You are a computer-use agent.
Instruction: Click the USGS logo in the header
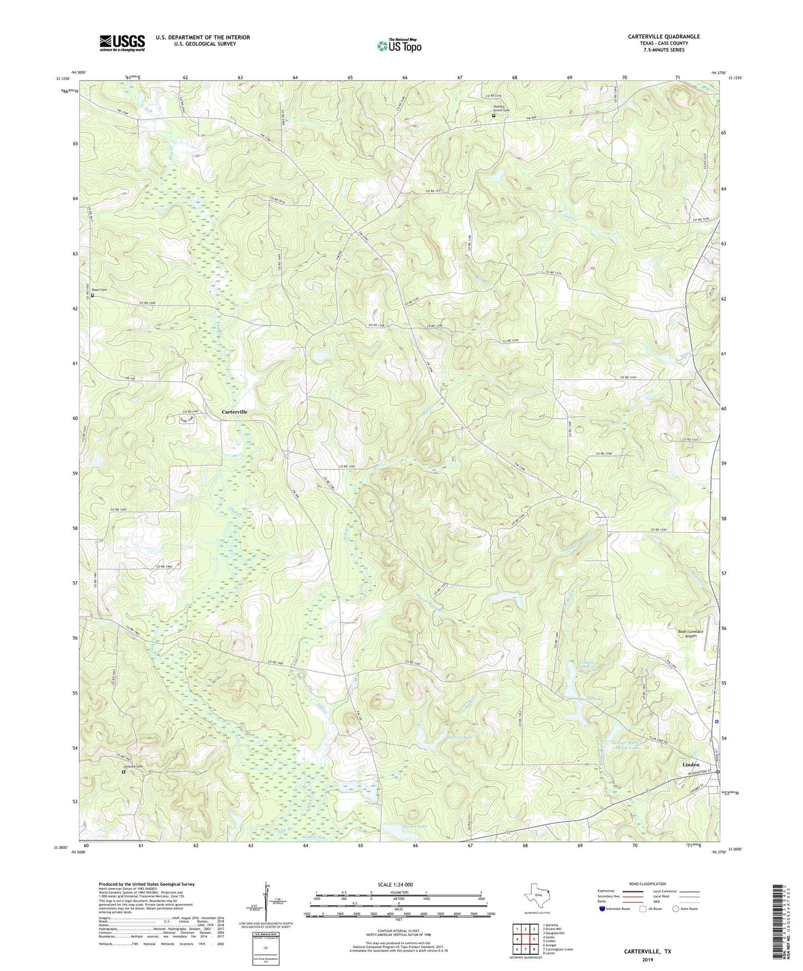[122, 43]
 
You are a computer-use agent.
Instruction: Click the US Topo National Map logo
[399, 46]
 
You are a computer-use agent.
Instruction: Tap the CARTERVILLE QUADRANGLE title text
[664, 37]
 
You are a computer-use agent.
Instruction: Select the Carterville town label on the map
[235, 412]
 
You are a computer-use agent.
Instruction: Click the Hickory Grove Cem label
[502, 109]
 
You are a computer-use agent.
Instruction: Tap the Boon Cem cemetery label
[99, 290]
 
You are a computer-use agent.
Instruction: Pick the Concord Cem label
[133, 767]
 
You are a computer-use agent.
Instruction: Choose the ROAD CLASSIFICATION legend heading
[647, 884]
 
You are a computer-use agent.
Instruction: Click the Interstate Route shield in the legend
[604, 909]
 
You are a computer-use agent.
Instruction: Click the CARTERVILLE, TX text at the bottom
[647, 952]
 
